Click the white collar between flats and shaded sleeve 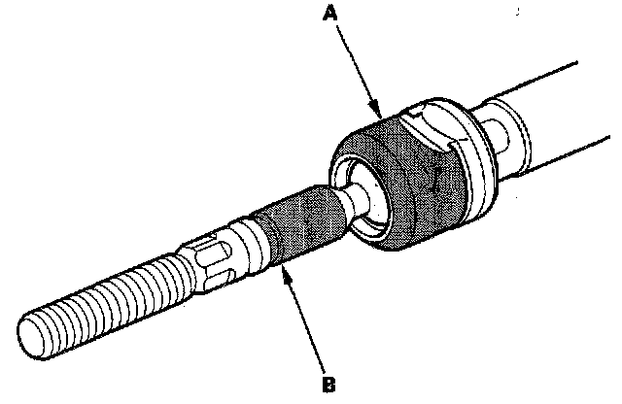(x=255, y=243)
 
